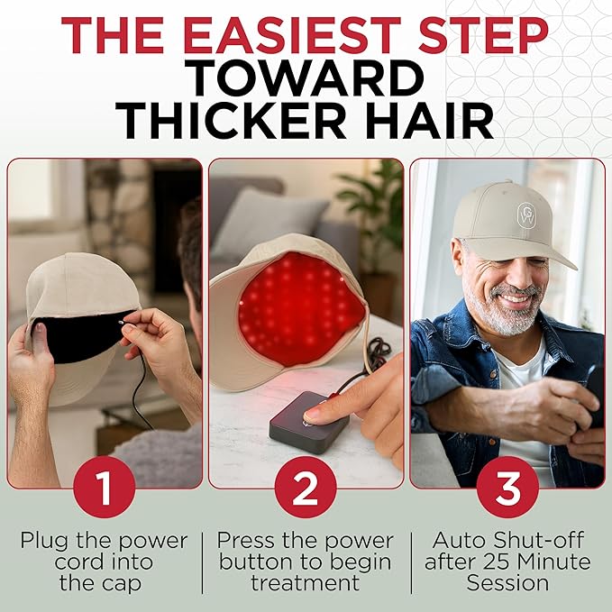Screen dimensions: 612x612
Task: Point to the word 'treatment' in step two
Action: [306, 584]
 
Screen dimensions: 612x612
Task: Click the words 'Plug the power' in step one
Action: [104, 541]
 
